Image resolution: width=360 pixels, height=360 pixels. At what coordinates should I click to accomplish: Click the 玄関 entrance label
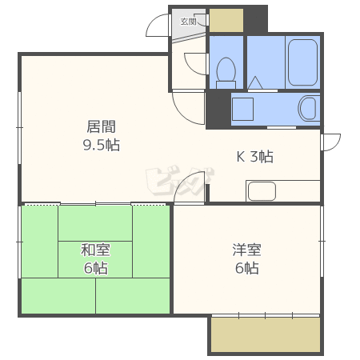(188, 22)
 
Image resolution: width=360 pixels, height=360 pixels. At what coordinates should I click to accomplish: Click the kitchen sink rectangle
(262, 191)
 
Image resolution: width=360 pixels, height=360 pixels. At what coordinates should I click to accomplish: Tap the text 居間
(102, 126)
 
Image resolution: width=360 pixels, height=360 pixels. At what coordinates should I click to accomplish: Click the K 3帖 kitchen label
(254, 157)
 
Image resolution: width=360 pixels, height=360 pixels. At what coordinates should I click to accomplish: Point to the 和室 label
(94, 250)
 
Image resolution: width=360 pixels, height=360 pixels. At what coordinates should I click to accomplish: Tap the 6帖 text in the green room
(95, 268)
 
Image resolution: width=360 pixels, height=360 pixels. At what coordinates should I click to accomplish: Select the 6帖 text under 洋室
(246, 268)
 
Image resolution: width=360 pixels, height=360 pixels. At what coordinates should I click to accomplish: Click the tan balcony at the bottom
(266, 334)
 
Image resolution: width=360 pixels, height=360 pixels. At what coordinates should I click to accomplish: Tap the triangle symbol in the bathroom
(256, 82)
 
